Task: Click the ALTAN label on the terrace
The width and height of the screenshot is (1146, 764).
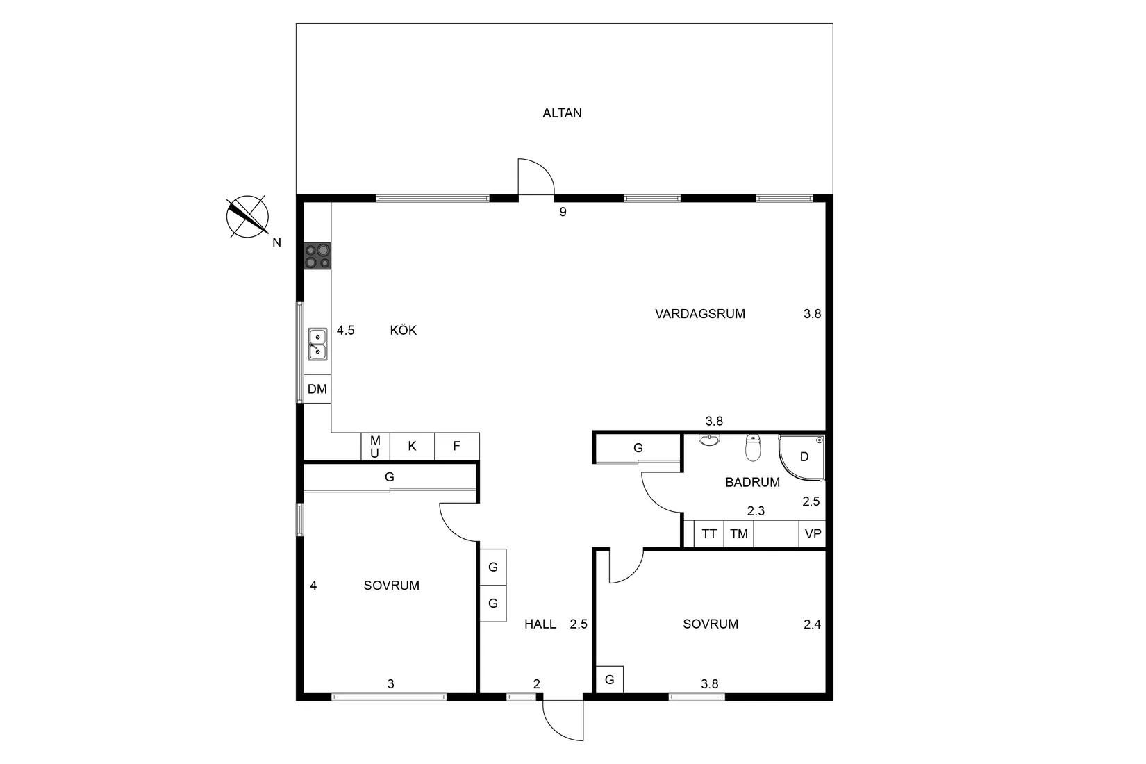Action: (562, 113)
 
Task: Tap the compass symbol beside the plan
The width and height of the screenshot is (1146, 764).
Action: (247, 216)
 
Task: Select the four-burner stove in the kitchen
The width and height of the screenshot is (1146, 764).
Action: (317, 256)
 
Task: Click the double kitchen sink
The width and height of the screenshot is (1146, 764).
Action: (317, 344)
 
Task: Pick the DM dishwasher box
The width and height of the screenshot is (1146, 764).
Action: (317, 389)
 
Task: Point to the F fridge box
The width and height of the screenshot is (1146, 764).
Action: (456, 446)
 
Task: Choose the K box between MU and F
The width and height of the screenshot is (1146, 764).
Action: (412, 446)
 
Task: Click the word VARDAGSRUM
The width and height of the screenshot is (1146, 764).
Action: (699, 314)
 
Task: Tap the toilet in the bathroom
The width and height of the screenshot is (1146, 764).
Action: (753, 449)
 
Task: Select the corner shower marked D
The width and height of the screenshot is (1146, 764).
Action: (803, 457)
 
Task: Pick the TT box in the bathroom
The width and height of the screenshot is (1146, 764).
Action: (708, 534)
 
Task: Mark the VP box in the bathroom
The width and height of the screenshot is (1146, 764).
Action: (813, 534)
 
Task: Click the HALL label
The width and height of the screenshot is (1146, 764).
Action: (540, 624)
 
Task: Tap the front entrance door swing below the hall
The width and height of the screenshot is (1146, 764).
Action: (563, 719)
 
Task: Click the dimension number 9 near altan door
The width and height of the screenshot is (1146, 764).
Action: (563, 213)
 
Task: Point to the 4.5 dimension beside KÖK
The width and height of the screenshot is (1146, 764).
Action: (345, 331)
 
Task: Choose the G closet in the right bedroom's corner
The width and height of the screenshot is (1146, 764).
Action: (609, 679)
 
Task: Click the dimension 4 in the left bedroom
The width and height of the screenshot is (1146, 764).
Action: (313, 586)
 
